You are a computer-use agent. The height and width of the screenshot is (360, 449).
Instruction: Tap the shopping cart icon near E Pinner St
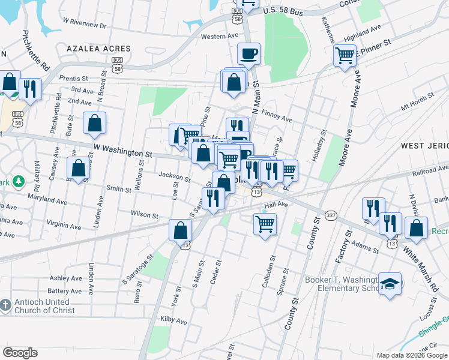tap(345, 56)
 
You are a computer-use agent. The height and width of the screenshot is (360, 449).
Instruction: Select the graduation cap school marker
tap(390, 284)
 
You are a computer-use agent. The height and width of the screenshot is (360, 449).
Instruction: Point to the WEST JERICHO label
tap(424, 146)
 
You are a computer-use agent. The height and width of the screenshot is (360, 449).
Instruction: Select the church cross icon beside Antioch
tap(5, 306)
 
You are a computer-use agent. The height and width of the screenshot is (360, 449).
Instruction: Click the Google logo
tap(20, 353)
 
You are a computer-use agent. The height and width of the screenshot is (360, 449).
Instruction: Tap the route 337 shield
tap(330, 215)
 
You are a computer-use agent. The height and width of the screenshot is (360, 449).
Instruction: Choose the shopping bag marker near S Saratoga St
tap(181, 230)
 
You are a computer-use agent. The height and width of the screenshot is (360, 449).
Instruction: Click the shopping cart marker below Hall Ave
tap(265, 224)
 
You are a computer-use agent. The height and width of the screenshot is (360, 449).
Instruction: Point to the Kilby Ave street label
tap(173, 322)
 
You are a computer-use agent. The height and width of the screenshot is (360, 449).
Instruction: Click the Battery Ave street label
tap(66, 291)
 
